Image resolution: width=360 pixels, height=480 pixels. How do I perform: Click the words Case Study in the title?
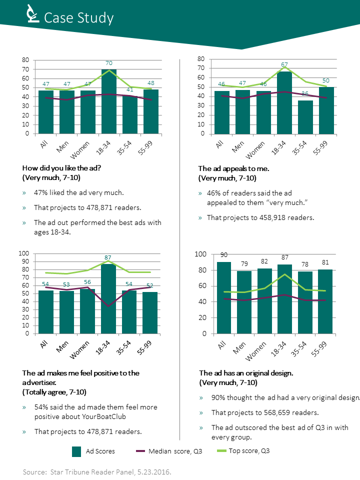coord(78,18)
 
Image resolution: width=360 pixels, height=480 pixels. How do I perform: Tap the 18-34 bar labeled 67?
coord(284,103)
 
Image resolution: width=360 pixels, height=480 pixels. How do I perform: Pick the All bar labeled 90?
coord(223,297)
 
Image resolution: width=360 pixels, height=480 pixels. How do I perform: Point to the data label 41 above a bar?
coord(130,90)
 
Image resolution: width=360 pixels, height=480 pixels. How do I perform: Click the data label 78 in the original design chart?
coord(304,264)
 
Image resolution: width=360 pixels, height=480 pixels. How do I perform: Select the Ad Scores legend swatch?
coord(76,451)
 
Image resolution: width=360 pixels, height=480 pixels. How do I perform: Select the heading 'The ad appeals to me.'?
coord(233,168)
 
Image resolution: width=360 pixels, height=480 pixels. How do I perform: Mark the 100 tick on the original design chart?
coord(200,254)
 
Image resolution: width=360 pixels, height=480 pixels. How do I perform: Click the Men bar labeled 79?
coord(244,302)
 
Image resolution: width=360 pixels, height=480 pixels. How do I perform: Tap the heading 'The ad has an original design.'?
coord(246,373)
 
